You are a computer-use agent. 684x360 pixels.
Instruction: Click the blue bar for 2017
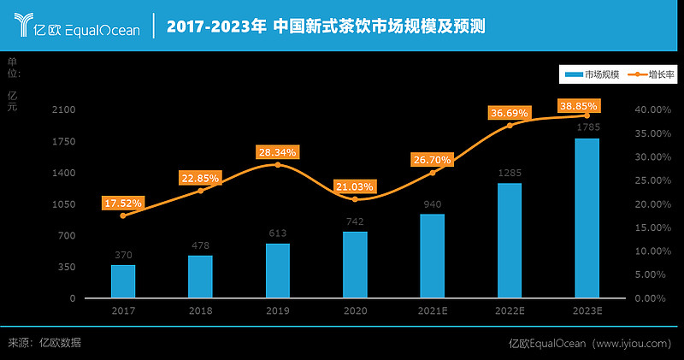[x=123, y=281]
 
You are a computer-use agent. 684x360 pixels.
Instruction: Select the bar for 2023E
[x=587, y=218]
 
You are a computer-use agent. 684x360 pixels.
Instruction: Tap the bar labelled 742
[x=355, y=264]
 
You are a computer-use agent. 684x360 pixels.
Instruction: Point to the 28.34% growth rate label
[x=277, y=152]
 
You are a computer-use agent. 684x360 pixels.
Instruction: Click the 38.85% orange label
[x=578, y=105]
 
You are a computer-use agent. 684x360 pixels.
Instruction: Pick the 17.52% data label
[x=123, y=204]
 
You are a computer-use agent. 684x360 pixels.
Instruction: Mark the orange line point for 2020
[x=355, y=199]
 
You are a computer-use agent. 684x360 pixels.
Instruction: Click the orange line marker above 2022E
[x=510, y=126]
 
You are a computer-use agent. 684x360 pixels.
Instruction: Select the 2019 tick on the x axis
[x=277, y=310]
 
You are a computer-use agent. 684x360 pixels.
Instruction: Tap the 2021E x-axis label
[x=432, y=310]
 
